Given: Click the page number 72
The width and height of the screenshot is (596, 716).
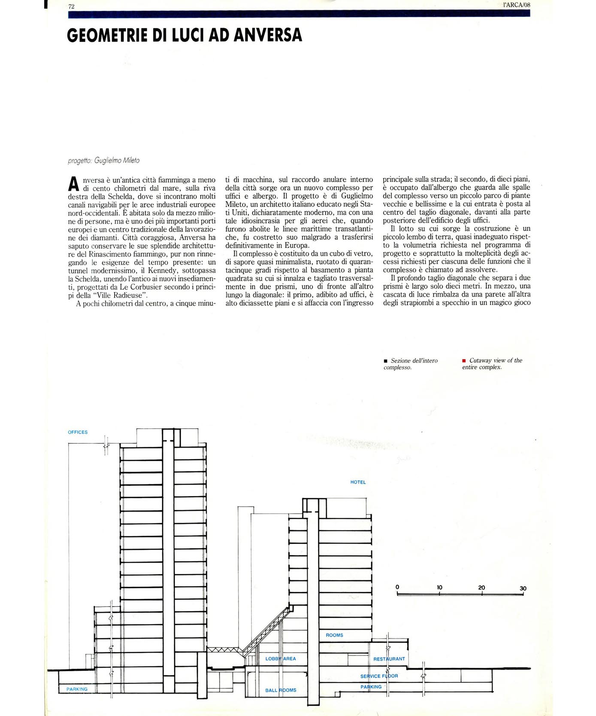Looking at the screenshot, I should (x=72, y=6).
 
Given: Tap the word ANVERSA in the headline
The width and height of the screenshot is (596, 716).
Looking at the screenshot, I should (x=268, y=35).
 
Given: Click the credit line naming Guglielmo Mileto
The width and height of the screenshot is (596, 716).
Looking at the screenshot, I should (x=104, y=161).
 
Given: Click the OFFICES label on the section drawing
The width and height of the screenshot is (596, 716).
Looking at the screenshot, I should (x=78, y=432).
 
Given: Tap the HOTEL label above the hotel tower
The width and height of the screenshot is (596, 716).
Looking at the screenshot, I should (x=358, y=482).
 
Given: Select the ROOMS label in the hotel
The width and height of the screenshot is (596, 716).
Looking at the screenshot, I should (x=334, y=635).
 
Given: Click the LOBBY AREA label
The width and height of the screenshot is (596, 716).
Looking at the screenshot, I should (x=281, y=658).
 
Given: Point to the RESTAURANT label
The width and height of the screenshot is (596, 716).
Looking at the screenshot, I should (x=389, y=659).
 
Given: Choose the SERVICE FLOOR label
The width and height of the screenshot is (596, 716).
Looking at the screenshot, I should (x=379, y=676).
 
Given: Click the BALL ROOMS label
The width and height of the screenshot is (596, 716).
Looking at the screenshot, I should (x=281, y=690).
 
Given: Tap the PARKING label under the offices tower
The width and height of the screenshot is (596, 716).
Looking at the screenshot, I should (x=77, y=689).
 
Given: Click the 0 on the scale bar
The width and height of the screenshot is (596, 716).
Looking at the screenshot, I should (x=397, y=587).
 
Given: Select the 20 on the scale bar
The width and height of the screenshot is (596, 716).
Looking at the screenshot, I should (x=481, y=588).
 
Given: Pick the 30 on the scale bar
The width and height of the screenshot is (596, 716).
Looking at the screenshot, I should (x=523, y=588).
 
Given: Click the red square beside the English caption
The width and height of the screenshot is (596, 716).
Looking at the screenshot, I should (x=464, y=361).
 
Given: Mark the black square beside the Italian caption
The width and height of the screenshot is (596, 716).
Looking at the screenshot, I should (x=385, y=361).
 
